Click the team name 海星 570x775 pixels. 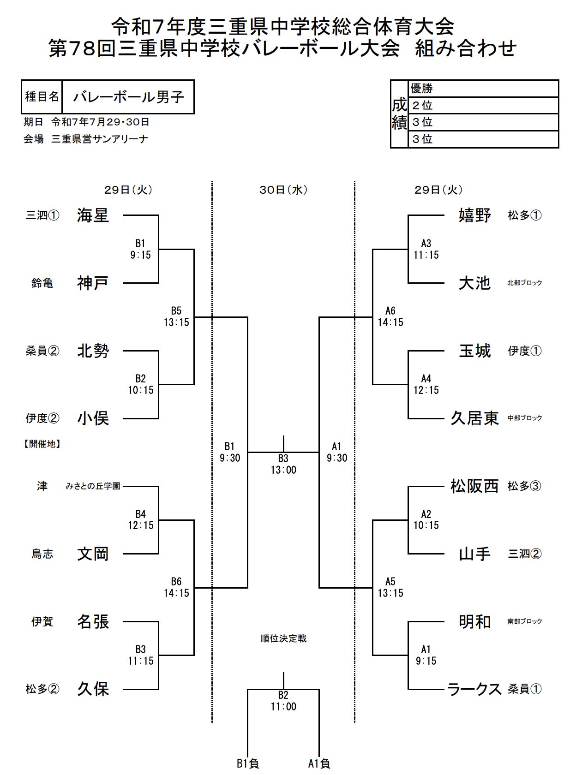[93, 215]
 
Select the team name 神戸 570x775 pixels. [93, 283]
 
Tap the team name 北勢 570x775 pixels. [93, 351]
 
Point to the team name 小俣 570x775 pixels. [93, 418]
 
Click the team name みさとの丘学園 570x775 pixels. [93, 486]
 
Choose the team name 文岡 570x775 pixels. [93, 554]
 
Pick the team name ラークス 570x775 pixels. [474, 689]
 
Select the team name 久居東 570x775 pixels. [474, 418]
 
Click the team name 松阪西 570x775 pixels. [474, 486]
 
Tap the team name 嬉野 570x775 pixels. [474, 215]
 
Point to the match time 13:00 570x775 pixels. [283, 470]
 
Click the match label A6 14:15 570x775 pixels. [390, 317]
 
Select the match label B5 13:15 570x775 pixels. [176, 317]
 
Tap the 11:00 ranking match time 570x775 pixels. [283, 707]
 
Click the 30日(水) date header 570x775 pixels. [283, 190]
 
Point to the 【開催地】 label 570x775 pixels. [42, 444]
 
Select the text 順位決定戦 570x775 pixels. [283, 638]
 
